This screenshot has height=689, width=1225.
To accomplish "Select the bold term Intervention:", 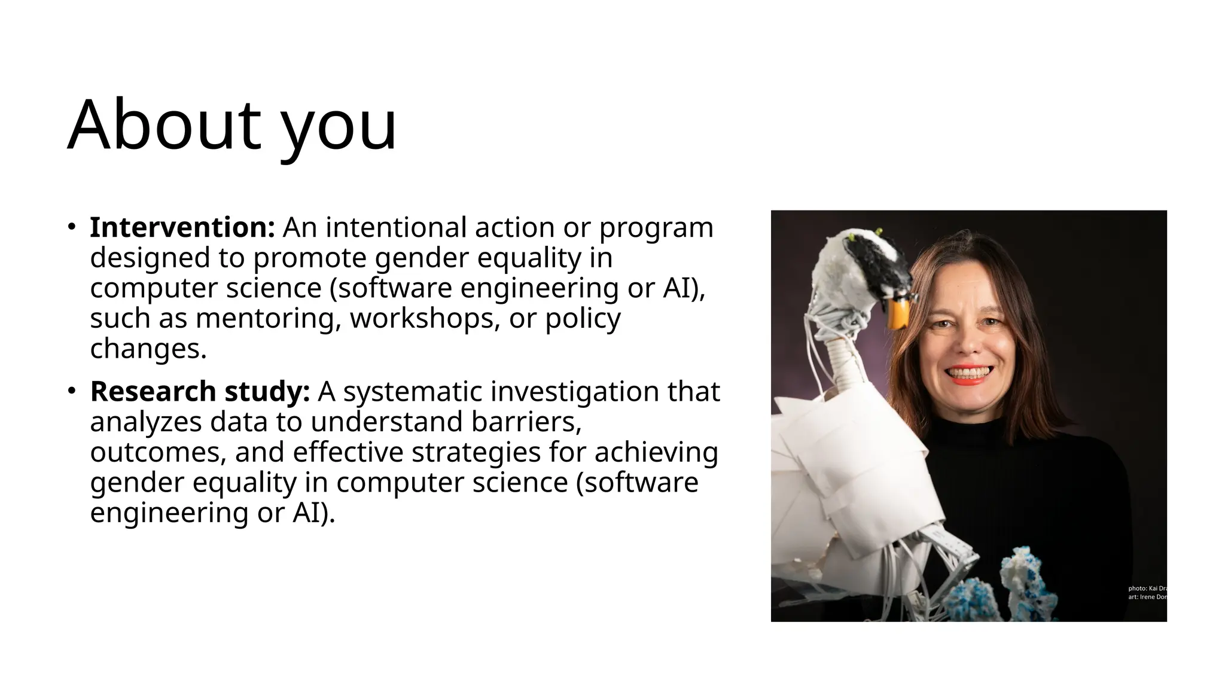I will click(182, 228).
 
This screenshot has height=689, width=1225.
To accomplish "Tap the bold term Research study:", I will click(200, 392).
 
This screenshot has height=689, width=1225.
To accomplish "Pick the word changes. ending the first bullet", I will click(148, 349).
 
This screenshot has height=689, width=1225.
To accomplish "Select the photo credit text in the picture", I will click(1146, 593).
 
